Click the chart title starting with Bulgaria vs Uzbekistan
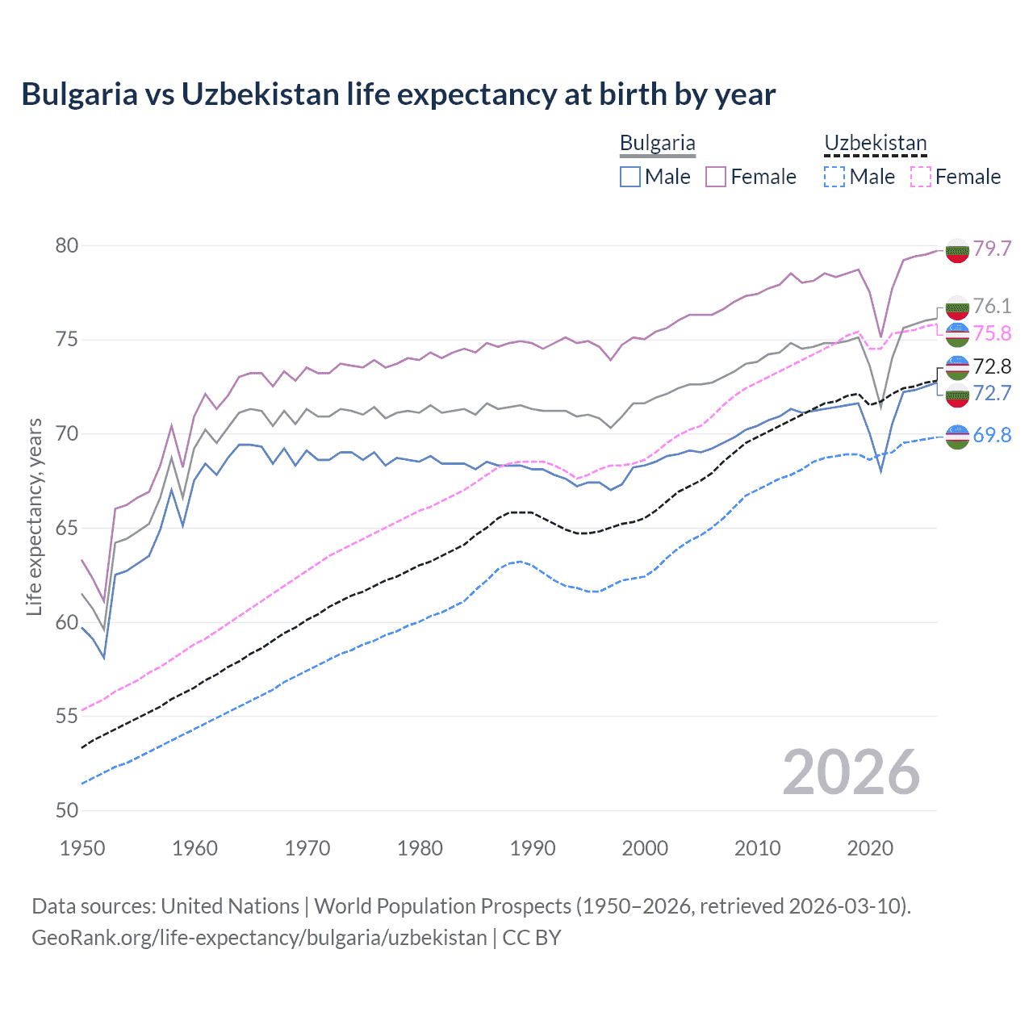[398, 94]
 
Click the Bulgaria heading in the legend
[657, 144]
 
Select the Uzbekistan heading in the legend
[875, 144]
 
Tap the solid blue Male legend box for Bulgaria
[630, 177]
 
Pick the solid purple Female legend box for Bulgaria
[716, 177]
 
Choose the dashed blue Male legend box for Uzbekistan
[834, 177]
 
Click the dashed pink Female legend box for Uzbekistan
[921, 177]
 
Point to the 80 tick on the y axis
[67, 245]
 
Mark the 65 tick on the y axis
[67, 528]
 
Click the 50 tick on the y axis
[67, 810]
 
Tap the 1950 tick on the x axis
[82, 848]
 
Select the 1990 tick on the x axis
[533, 848]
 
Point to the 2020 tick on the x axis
[870, 848]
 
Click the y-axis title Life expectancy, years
[34, 516]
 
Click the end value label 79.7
[992, 249]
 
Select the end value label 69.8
[992, 436]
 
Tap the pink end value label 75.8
[992, 334]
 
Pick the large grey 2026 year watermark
[851, 772]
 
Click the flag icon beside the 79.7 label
[957, 250]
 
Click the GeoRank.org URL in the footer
[259, 938]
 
